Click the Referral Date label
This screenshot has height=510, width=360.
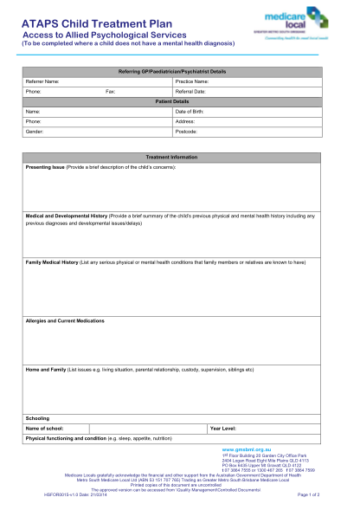[x=192, y=91]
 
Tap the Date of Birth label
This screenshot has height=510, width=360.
[x=191, y=112]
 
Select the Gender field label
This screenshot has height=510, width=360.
[x=36, y=132]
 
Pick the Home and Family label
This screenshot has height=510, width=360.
[x=46, y=369]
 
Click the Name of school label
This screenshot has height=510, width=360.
[x=45, y=428]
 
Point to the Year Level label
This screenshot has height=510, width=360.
[x=223, y=428]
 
